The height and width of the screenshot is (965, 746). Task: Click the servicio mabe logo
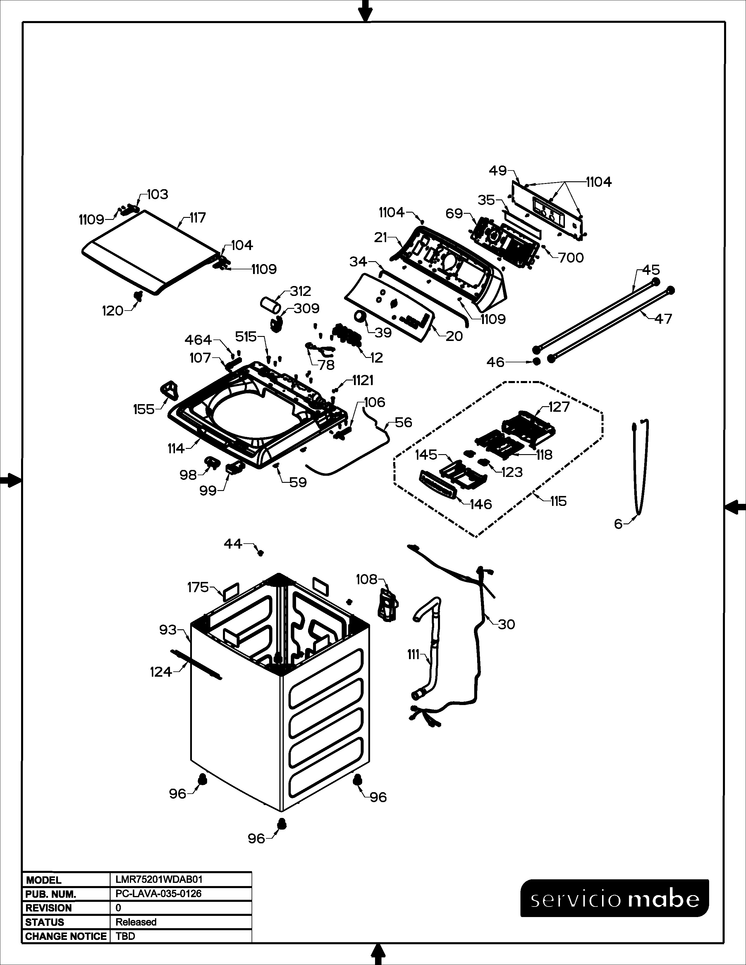tap(614, 898)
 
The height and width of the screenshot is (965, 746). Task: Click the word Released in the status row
tap(136, 922)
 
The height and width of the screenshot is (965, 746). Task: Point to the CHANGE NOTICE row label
tap(66, 936)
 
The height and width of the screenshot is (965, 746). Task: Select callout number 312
tap(300, 291)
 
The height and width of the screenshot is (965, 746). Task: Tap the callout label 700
tap(571, 258)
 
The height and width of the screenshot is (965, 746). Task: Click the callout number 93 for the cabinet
tap(168, 630)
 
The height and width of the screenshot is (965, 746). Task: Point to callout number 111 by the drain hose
tap(413, 654)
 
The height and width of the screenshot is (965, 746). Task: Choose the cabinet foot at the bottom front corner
tap(281, 823)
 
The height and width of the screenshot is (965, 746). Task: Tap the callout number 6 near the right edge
tap(618, 524)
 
